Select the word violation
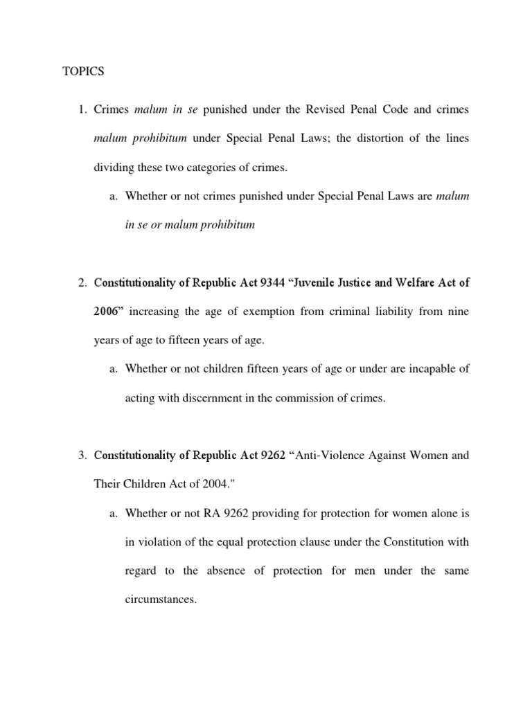point(159,542)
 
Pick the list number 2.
point(81,282)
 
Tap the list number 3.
point(81,456)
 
